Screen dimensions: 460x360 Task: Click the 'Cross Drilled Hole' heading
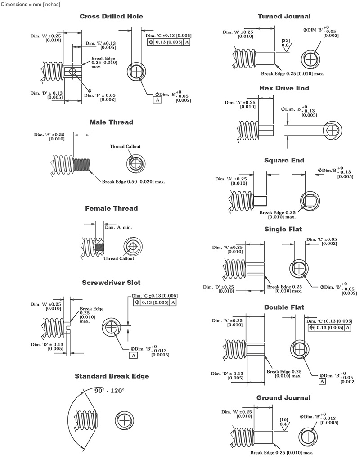(x=111, y=16)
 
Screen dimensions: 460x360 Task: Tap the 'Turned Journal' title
(x=284, y=16)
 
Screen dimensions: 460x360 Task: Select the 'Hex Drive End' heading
(x=284, y=88)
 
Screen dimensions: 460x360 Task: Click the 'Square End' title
(x=284, y=160)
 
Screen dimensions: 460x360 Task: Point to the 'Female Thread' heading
(x=111, y=208)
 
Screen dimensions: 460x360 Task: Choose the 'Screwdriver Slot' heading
(x=111, y=283)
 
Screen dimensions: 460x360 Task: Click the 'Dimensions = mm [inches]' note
(x=29, y=4)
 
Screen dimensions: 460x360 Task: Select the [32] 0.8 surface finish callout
(x=285, y=43)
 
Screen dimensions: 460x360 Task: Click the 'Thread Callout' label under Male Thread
(x=125, y=147)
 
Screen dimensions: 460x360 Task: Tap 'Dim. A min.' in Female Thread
(x=121, y=228)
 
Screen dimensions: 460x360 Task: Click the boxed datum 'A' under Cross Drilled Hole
(x=158, y=100)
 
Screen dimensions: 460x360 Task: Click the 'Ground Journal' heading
(x=284, y=398)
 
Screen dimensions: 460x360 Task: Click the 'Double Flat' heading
(x=284, y=307)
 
